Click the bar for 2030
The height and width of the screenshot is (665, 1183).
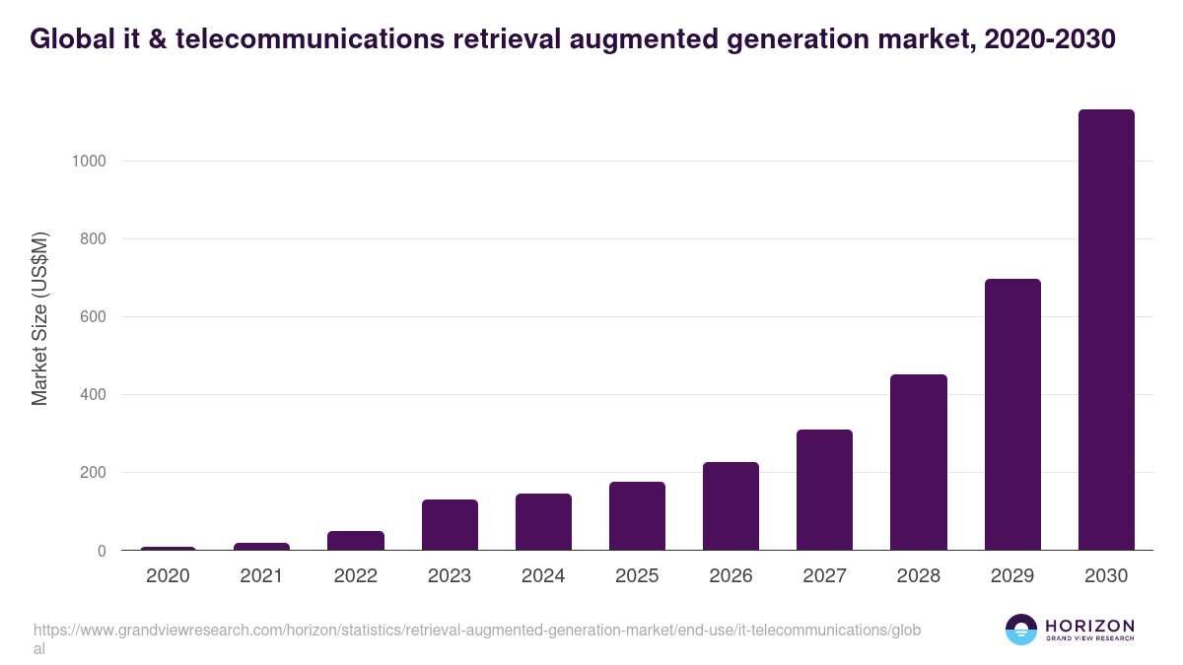click(1106, 330)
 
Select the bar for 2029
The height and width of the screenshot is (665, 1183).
click(1012, 415)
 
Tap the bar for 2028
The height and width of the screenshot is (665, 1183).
click(919, 462)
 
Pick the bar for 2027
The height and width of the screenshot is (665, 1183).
click(824, 490)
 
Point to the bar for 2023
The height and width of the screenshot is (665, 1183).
click(450, 525)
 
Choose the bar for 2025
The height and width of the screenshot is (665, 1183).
click(637, 516)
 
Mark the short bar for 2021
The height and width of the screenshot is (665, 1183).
click(261, 547)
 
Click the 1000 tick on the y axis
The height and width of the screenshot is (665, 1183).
click(89, 162)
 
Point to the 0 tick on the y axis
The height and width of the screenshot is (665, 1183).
click(102, 551)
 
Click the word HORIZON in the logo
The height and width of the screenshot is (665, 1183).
click(1089, 626)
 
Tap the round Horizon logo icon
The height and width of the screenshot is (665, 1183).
click(1021, 630)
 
